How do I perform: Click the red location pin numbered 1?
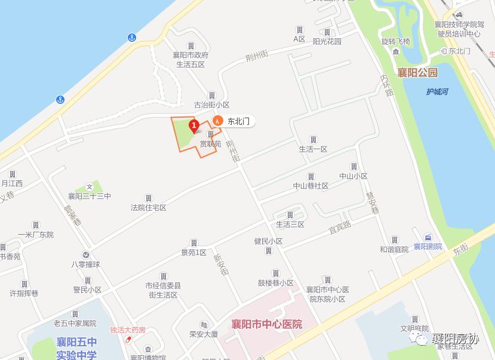(193, 126)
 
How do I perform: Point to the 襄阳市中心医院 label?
(267, 325)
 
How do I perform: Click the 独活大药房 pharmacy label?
(128, 330)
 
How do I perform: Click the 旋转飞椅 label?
(396, 42)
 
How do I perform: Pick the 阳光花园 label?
(327, 42)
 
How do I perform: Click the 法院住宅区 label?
(149, 208)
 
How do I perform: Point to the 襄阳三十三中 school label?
(89, 196)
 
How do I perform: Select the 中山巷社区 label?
(310, 186)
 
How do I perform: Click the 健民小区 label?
(268, 241)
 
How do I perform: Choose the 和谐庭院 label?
(394, 249)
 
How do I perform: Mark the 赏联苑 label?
(210, 143)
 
